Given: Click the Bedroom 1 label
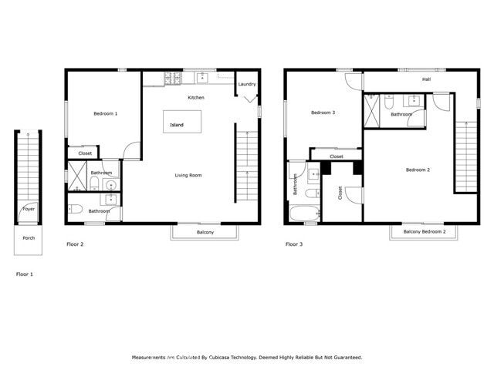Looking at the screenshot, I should click(106, 114).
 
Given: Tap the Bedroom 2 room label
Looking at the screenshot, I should click(418, 170).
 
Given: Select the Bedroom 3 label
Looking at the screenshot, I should click(323, 113).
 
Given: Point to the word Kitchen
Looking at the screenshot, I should click(196, 98).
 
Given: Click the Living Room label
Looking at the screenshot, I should click(188, 176).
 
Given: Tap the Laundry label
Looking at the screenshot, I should click(247, 84).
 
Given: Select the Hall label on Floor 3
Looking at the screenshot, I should click(426, 79).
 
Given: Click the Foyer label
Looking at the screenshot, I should click(28, 209).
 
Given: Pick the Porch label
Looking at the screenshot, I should click(28, 238).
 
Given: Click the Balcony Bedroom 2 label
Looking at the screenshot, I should click(424, 231).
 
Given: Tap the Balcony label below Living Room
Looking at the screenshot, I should click(205, 232).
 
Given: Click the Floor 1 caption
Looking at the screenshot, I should click(25, 274).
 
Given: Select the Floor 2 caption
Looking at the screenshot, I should click(74, 244).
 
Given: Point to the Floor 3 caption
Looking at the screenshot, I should click(294, 244).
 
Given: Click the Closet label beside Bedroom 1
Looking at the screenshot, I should click(85, 153).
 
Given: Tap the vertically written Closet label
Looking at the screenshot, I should click(340, 193).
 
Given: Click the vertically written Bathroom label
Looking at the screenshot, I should click(295, 184).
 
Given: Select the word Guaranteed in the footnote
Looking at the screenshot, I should click(344, 358).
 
